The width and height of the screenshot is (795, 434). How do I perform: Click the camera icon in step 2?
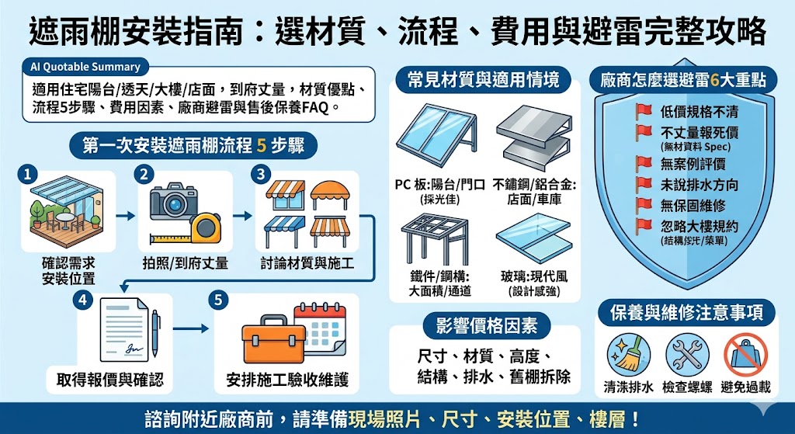coord(172,201)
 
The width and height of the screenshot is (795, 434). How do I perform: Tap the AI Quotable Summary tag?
coord(85,67)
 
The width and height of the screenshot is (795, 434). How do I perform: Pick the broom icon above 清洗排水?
coord(629,354)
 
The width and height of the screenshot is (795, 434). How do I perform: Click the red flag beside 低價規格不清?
coord(644,111)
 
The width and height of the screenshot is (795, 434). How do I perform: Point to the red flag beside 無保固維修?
coord(644,205)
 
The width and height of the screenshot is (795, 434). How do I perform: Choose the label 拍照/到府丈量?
coord(185,263)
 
